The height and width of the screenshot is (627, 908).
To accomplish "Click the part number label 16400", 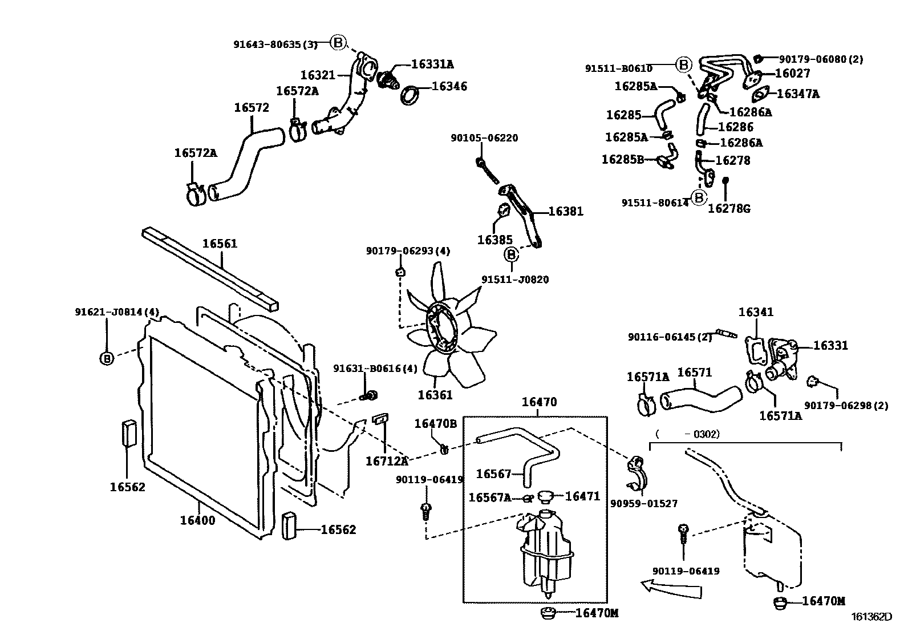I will pos(197,520).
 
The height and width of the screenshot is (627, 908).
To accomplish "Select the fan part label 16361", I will pos(435,395).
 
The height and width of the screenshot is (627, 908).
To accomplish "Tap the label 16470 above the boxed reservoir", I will pos(539,402).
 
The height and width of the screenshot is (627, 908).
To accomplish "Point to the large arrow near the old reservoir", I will pos(671,588).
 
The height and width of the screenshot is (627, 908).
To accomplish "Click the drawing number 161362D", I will pos(871,616).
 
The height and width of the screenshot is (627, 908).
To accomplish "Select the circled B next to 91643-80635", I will pos(338,42).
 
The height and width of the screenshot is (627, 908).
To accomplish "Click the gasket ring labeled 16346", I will pos(410,94).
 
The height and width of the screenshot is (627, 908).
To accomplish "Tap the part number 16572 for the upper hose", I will pos(252,108).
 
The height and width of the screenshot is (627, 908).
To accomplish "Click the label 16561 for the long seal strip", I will pos(220,244).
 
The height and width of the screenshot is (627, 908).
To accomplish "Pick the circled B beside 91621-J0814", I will pos(107,358).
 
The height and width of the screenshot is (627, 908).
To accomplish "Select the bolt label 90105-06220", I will pos(484,138).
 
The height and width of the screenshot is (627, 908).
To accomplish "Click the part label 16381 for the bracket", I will pos(566,212).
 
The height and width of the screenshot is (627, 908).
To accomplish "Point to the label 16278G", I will pos(728,209).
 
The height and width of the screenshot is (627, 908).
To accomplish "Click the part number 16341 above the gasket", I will pos(756,312).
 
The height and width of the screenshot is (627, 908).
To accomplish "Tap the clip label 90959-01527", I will pos(643,504).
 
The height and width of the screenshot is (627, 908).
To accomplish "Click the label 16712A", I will pos(387,461).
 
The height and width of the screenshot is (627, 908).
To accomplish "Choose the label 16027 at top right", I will pos(792,74).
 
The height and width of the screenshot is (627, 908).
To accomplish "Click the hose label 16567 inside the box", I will pos(493,474).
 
